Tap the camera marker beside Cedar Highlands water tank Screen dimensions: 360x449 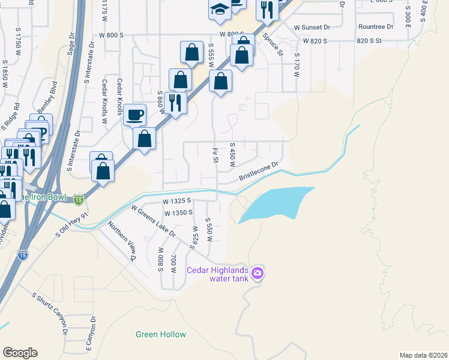click(x=258, y=274)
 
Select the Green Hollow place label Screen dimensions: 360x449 click(x=160, y=334)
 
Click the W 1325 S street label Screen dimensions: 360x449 click(x=176, y=201)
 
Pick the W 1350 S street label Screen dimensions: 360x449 click(x=178, y=212)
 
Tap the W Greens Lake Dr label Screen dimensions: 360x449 click(x=153, y=220)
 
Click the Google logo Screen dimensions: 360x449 click(x=20, y=352)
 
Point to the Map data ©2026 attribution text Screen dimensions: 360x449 click(x=423, y=355)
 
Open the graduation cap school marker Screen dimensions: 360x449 click(x=219, y=9)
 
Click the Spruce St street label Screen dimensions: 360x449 click(x=272, y=46)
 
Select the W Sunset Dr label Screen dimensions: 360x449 click(x=312, y=28)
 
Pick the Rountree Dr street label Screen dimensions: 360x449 click(x=375, y=26)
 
